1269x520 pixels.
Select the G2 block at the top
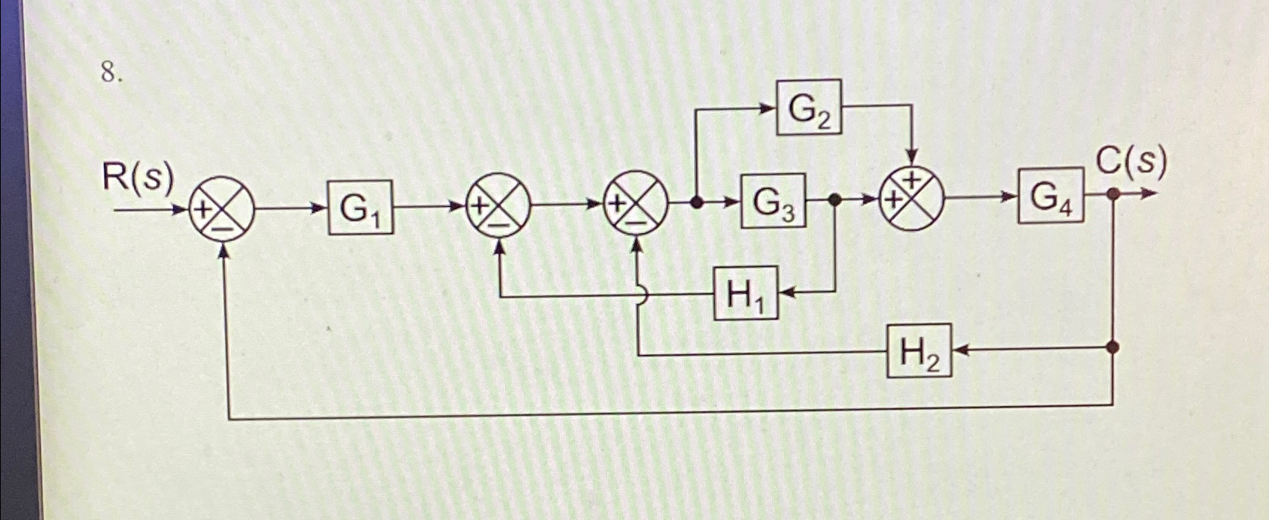[809, 108]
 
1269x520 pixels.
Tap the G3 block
[773, 201]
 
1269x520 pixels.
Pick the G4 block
[1050, 196]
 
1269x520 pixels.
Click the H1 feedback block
[745, 293]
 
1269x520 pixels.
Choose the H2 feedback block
[919, 350]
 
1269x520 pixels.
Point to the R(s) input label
[137, 178]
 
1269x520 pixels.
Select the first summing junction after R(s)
[222, 208]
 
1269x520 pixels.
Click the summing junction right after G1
[498, 205]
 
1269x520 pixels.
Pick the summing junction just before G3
[635, 202]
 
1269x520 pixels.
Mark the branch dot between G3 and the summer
[836, 199]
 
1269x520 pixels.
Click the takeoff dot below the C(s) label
[1113, 194]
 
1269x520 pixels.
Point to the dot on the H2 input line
[1113, 347]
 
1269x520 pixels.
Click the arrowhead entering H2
[961, 349]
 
